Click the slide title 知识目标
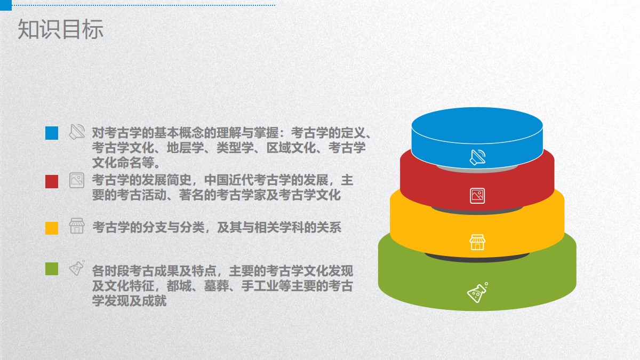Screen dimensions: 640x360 coord(60,29)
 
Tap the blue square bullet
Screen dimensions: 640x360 coord(52,133)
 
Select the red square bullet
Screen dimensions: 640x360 coord(52,182)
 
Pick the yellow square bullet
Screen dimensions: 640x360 coord(52,228)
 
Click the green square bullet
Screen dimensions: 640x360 coord(52,269)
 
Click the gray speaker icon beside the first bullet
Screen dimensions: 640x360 coord(77,132)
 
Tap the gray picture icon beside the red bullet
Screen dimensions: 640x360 coord(77,180)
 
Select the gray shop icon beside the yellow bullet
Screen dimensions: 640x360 coord(77,226)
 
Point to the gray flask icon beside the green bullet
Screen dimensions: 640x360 coord(77,268)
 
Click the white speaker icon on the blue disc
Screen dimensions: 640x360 coord(478,157)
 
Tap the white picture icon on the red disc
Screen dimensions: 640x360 coord(477,196)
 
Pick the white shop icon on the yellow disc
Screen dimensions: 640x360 coord(477,242)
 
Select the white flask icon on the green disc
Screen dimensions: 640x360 coord(478,293)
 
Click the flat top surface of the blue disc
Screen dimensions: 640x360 coord(477,125)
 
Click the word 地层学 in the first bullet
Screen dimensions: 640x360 coord(185,148)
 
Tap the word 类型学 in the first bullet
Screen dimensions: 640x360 coord(235,148)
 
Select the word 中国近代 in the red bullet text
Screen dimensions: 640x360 coord(229,180)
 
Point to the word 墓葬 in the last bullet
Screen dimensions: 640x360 coord(217,286)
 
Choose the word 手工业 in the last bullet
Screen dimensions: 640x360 coord(260,286)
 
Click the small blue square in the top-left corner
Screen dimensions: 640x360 coord(6,5)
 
